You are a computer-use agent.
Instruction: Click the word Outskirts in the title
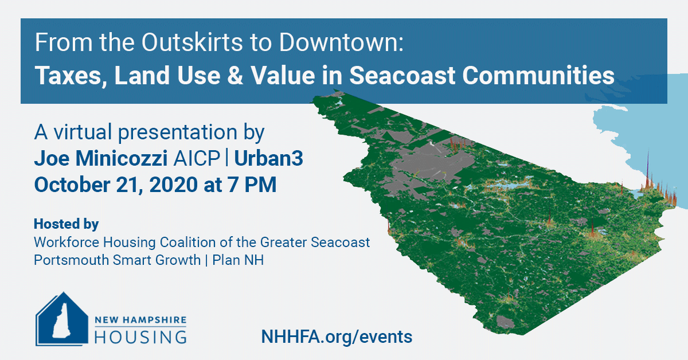coord(192,42)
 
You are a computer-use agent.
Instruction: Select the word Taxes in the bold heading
coord(68,76)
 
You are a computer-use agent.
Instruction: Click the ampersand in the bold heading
coord(235,76)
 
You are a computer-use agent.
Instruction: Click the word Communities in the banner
coord(538,76)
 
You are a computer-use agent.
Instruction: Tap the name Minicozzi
coord(122,158)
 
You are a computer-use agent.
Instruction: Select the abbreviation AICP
coord(197,158)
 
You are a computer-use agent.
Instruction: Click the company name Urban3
coord(269,158)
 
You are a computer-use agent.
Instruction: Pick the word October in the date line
coord(72,185)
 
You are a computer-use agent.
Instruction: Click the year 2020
coord(174,185)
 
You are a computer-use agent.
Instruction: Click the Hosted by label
coord(67,224)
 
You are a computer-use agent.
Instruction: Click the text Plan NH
coord(238,260)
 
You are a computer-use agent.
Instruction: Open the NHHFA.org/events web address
coord(337,336)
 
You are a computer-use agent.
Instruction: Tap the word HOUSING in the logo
coord(140,337)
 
